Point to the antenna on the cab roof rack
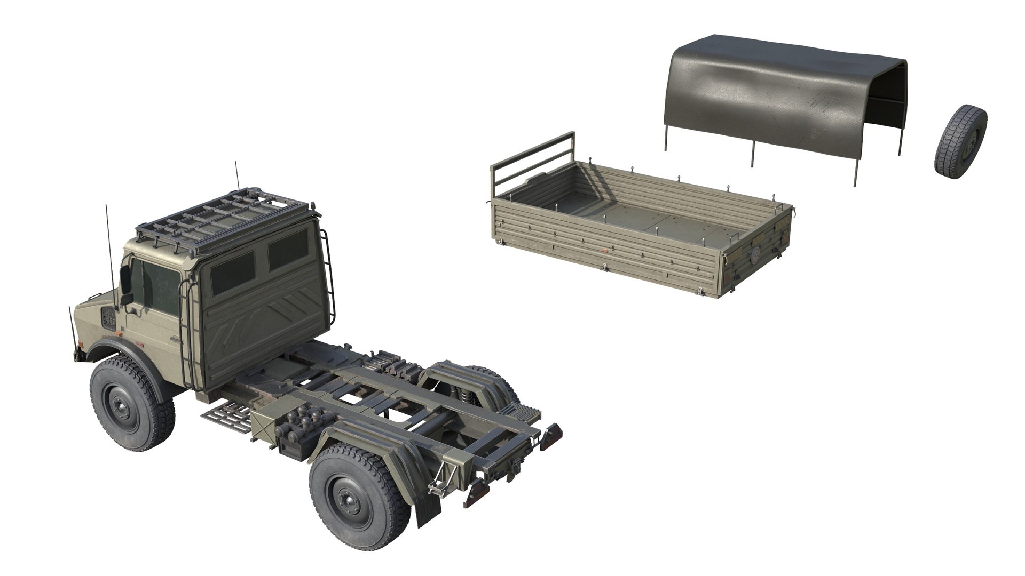235,176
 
